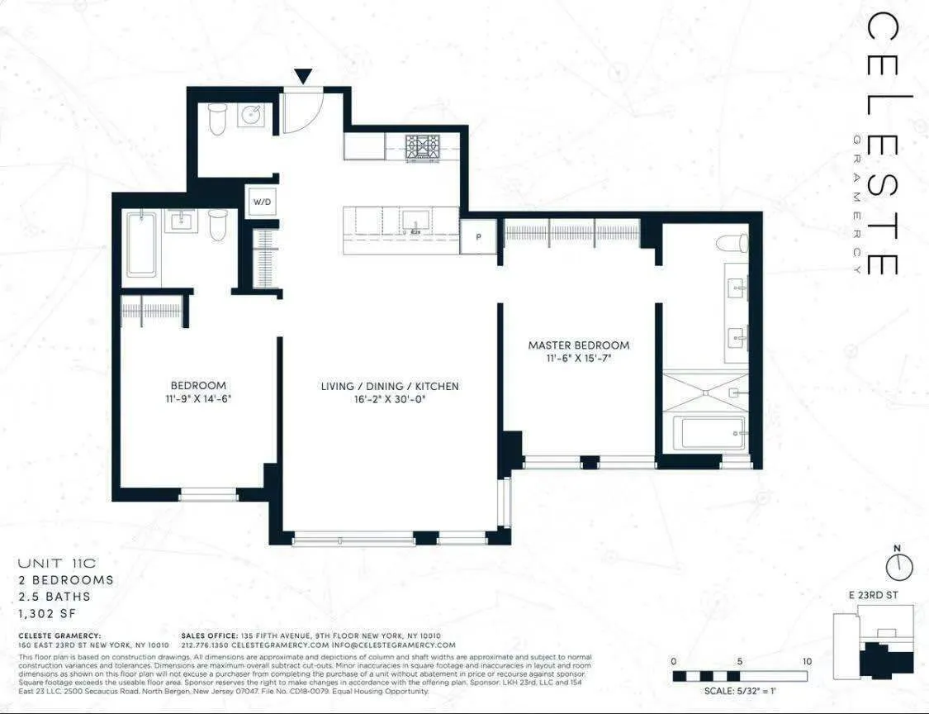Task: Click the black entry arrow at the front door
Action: (x=303, y=76)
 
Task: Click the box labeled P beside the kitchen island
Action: (x=479, y=236)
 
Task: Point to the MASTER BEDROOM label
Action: (x=579, y=345)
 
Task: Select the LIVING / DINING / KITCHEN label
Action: (x=390, y=386)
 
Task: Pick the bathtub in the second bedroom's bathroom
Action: (x=141, y=244)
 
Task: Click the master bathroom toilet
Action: (x=732, y=243)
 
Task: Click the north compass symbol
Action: (x=898, y=565)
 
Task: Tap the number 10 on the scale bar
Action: (x=807, y=661)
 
